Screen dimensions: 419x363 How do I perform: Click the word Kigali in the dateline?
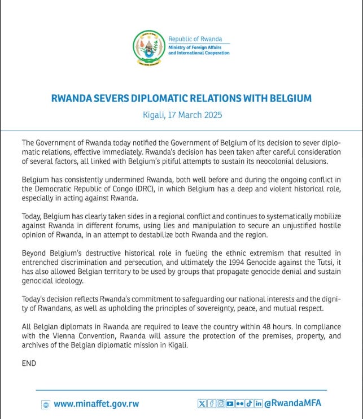[154, 115]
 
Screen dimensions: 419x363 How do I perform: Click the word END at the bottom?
[28, 363]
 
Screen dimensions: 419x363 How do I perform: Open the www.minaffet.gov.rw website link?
[96, 404]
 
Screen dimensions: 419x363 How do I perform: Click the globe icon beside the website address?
[45, 404]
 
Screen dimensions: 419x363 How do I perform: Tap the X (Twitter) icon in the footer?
[202, 403]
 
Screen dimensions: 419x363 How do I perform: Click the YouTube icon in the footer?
[230, 403]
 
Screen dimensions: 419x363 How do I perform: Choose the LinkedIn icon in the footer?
[259, 403]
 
